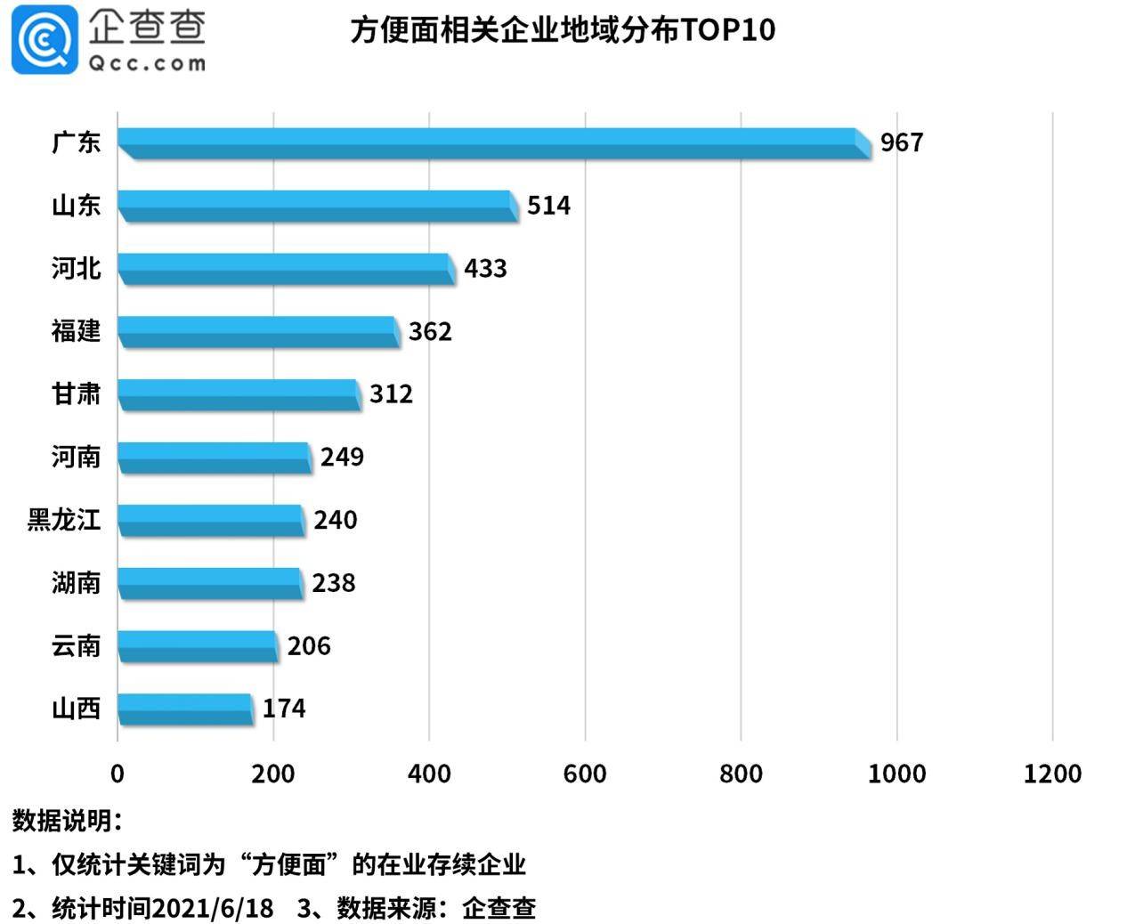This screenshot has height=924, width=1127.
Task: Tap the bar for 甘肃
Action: pyautogui.click(x=239, y=394)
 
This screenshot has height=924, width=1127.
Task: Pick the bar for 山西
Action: pyautogui.click(x=184, y=709)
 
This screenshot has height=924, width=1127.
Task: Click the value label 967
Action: pyautogui.click(x=902, y=142)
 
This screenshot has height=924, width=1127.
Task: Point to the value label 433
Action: pyautogui.click(x=485, y=268)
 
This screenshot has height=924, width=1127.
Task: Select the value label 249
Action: pyautogui.click(x=342, y=457)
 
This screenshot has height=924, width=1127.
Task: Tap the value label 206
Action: pyautogui.click(x=308, y=645)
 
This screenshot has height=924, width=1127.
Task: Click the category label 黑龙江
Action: pyautogui.click(x=64, y=520)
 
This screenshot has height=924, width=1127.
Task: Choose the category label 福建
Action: pyautogui.click(x=76, y=331)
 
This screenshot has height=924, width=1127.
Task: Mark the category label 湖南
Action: pyautogui.click(x=76, y=583)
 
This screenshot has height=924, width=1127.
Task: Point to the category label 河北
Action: pyautogui.click(x=76, y=268)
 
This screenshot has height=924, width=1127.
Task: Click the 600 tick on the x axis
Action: pyautogui.click(x=585, y=774)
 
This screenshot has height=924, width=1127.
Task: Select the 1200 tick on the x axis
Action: pyautogui.click(x=1052, y=774)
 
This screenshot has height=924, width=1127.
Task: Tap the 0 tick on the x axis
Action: pyautogui.click(x=118, y=774)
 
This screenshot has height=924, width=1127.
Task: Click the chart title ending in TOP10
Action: pyautogui.click(x=563, y=30)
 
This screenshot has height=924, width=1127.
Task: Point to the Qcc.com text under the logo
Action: pyautogui.click(x=147, y=63)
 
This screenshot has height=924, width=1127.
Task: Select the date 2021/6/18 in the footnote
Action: pyautogui.click(x=213, y=908)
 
